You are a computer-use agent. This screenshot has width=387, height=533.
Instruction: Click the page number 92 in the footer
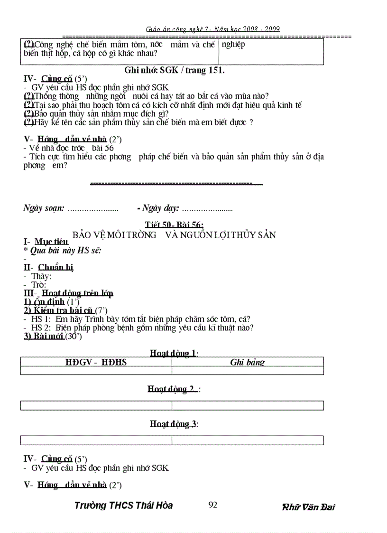[x=212, y=505]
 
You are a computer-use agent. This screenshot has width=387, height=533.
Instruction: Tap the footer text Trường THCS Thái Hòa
[x=123, y=505]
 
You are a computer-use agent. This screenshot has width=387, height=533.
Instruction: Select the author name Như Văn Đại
[x=308, y=507]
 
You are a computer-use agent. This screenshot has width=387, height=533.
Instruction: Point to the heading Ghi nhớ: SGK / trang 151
[x=174, y=70]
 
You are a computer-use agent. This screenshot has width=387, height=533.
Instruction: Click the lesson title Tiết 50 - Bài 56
[x=174, y=225]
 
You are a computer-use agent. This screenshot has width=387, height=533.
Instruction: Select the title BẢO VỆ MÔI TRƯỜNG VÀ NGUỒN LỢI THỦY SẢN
[x=174, y=235]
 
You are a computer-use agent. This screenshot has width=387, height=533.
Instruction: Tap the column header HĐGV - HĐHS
[x=96, y=362]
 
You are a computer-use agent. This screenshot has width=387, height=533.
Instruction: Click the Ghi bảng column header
[x=247, y=362]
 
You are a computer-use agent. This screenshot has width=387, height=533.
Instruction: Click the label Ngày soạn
[x=44, y=208]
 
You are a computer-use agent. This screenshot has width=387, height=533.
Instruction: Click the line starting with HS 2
[x=138, y=327]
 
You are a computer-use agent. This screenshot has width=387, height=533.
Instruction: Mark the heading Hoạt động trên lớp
[x=74, y=293]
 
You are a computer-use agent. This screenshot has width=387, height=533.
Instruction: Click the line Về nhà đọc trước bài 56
[x=69, y=148]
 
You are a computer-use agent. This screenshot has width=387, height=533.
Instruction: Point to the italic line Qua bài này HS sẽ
[x=64, y=251]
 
